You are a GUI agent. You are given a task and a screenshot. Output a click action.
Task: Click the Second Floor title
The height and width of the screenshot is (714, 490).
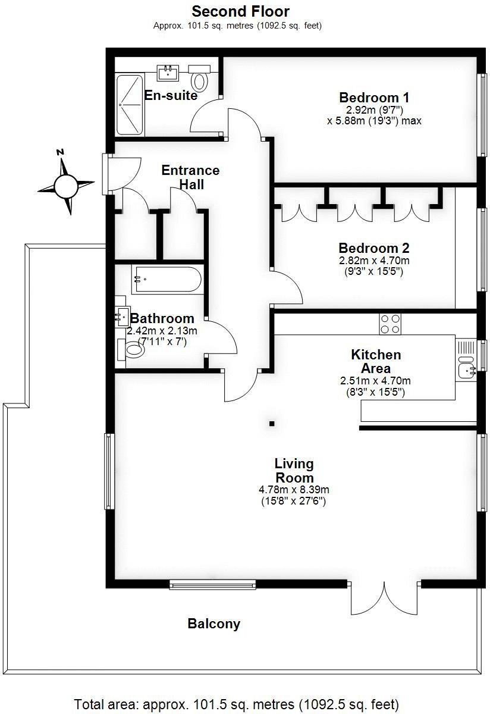(x=240, y=11)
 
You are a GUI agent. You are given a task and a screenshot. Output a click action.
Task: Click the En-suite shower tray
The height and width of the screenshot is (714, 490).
(x=130, y=104)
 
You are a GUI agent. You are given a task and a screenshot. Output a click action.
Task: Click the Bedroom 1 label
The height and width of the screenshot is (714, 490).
(x=374, y=98)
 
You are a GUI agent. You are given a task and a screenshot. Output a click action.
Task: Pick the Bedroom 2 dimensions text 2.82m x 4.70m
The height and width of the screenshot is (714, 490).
(x=374, y=261)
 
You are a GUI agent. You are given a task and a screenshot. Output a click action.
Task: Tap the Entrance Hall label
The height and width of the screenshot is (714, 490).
(x=190, y=177)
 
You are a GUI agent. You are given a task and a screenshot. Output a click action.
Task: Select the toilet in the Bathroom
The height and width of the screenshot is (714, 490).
(x=132, y=350)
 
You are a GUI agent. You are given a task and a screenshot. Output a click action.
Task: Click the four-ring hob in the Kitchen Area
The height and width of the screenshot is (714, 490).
(x=390, y=324)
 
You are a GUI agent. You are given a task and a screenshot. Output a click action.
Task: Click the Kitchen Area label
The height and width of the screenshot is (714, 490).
(x=375, y=361)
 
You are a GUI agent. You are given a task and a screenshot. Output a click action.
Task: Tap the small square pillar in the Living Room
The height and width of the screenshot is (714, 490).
(x=272, y=424)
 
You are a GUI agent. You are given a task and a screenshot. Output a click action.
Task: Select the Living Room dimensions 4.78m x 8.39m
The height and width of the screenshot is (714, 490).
(x=294, y=490)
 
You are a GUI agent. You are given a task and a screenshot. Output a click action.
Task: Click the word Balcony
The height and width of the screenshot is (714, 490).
(x=214, y=624)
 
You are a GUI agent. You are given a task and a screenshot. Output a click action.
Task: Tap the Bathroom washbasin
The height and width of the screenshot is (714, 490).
(x=122, y=315)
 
